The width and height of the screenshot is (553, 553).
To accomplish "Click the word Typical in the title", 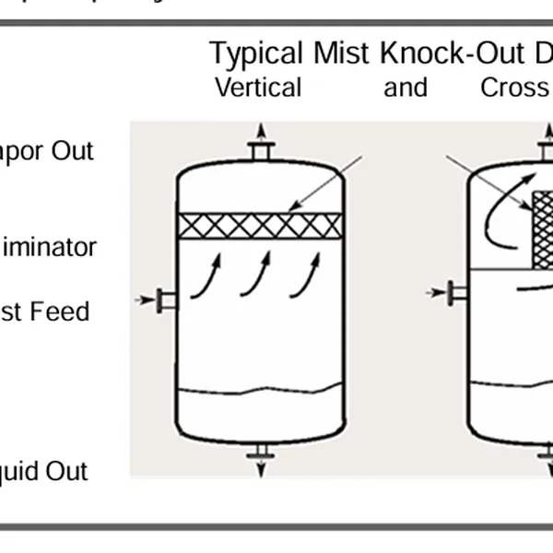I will pyautogui.click(x=255, y=54).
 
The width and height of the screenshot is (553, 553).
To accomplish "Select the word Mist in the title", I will pyautogui.click(x=342, y=54).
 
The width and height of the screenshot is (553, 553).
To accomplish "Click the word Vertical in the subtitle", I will pyautogui.click(x=258, y=88).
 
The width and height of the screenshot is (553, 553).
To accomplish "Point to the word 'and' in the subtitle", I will pyautogui.click(x=406, y=88).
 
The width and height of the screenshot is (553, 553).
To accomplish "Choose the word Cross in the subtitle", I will pyautogui.click(x=514, y=88).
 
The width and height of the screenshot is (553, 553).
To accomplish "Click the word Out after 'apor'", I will pyautogui.click(x=72, y=150).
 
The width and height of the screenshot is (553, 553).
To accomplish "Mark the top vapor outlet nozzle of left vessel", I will pyautogui.click(x=261, y=150).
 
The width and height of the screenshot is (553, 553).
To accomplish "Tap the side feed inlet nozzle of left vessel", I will pyautogui.click(x=166, y=300).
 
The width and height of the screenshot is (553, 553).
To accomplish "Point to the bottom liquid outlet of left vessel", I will pyautogui.click(x=261, y=451).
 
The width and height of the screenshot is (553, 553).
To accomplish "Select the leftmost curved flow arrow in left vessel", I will pyautogui.click(x=207, y=277).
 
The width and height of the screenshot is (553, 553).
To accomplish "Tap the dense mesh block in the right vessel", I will pyautogui.click(x=543, y=230).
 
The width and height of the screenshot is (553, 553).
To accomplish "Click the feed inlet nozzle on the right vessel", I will pyautogui.click(x=457, y=293).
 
